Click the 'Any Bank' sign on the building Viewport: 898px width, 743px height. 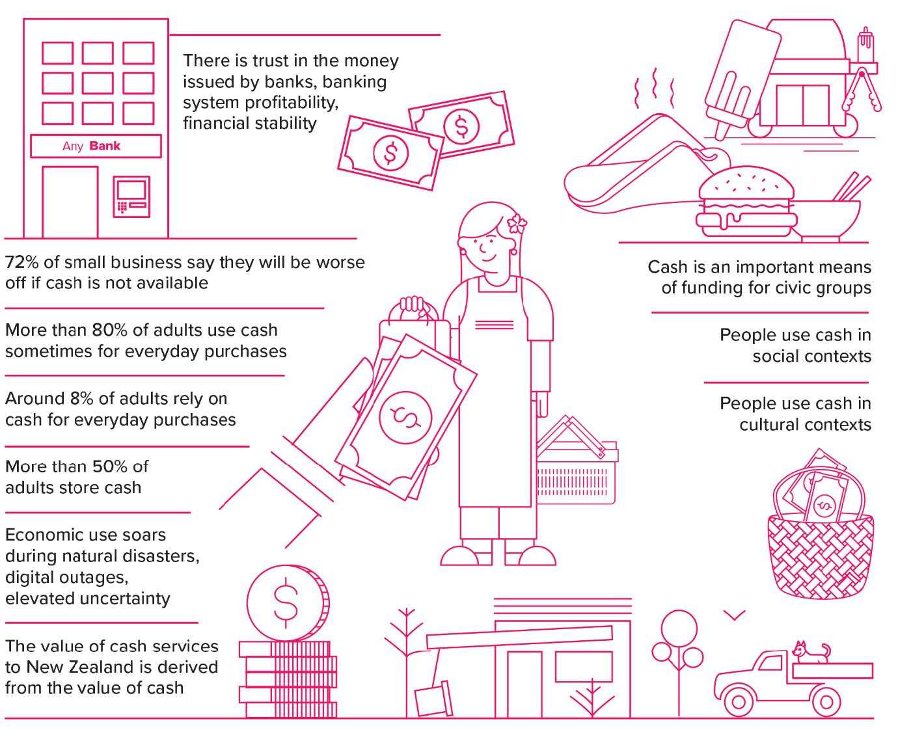pyautogui.click(x=95, y=146)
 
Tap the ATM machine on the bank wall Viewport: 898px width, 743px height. pyautogui.click(x=132, y=196)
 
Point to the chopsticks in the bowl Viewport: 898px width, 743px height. pyautogui.click(x=852, y=186)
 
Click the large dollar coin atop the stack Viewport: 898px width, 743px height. pyautogui.click(x=287, y=602)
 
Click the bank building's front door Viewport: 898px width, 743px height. pyautogui.click(x=70, y=201)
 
